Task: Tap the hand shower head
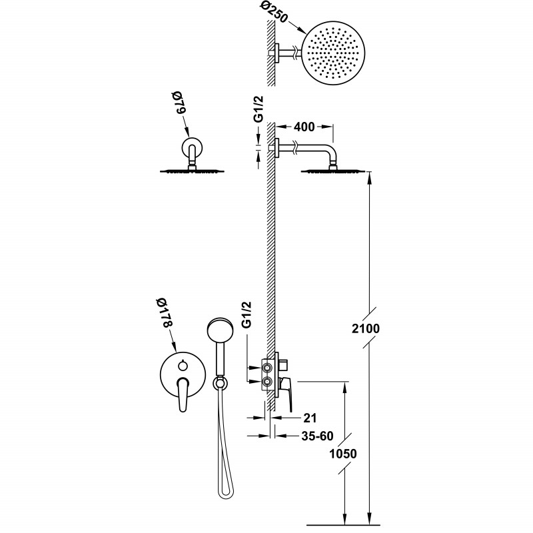coord(219,330)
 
